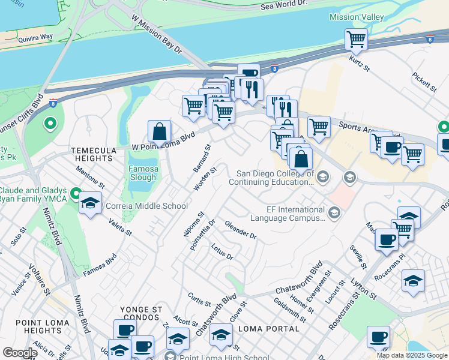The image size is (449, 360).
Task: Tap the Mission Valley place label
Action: (x=356, y=17)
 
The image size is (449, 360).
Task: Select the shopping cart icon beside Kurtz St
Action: (x=356, y=40)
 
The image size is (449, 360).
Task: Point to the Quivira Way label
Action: (x=35, y=37)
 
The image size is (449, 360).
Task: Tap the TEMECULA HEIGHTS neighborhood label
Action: (x=92, y=154)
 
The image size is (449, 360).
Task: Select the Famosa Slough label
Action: (x=143, y=173)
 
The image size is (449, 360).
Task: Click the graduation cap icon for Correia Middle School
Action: (x=90, y=203)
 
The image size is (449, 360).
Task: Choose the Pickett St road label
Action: (x=424, y=83)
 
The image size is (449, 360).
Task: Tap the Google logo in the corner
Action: (x=19, y=353)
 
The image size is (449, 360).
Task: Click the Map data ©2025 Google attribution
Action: (x=412, y=355)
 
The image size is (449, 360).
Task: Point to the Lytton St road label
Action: (x=364, y=292)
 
